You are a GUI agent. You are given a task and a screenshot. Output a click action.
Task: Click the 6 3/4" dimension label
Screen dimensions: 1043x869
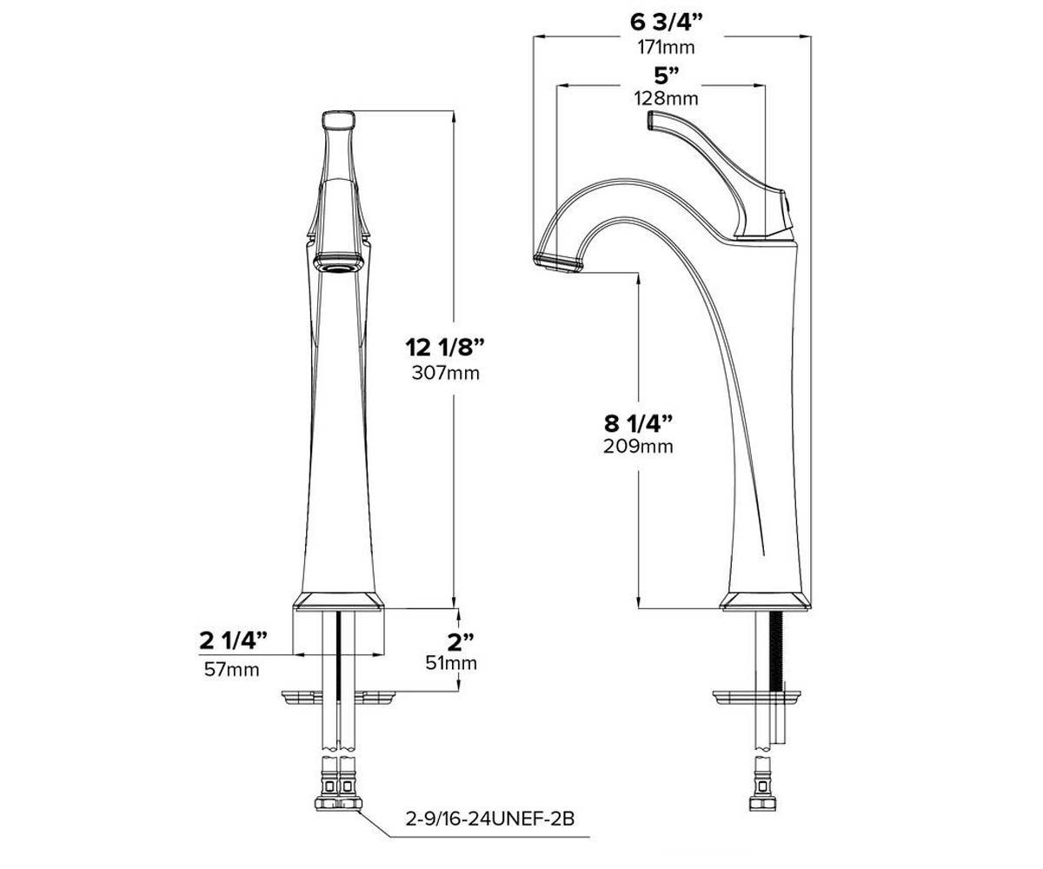(666, 22)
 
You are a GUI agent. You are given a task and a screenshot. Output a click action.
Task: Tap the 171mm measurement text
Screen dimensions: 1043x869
(666, 48)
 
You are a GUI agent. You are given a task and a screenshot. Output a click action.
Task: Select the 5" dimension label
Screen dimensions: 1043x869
(667, 76)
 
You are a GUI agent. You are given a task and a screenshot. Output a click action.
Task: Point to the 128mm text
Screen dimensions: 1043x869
(667, 98)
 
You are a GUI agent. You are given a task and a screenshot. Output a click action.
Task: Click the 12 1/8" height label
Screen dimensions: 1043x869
(445, 347)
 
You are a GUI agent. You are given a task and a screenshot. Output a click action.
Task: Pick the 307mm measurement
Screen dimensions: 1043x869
(446, 373)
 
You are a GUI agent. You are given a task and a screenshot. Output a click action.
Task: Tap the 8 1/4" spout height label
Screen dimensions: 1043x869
(638, 423)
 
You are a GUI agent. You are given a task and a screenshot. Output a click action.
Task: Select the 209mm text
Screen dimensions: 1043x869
(638, 446)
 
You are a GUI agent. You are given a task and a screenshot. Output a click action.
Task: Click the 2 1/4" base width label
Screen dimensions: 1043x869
(233, 640)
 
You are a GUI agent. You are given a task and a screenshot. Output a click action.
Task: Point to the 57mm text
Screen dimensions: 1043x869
(232, 670)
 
